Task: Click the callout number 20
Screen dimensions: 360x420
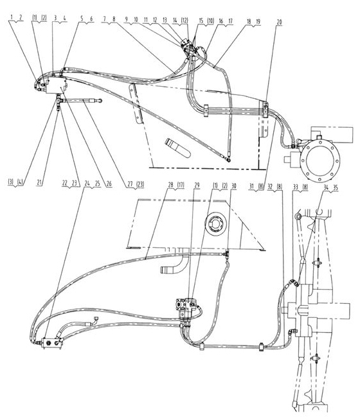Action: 279,22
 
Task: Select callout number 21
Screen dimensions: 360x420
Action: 39,182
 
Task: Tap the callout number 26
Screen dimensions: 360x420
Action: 109,184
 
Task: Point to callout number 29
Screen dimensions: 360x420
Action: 197,185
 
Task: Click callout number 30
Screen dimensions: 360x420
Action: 233,185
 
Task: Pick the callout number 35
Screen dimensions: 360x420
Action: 336,188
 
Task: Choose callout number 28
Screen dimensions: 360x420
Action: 171,185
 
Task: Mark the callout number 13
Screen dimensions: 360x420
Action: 165,20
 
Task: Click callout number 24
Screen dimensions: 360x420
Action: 87,184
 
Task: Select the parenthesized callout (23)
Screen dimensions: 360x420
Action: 140,184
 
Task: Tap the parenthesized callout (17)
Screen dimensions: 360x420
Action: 180,185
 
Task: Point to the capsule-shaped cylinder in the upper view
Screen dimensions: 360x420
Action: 177,148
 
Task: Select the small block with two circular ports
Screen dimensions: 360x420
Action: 51,343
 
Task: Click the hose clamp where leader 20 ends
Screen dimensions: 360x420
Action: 265,109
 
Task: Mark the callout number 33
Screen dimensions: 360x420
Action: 296,187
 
